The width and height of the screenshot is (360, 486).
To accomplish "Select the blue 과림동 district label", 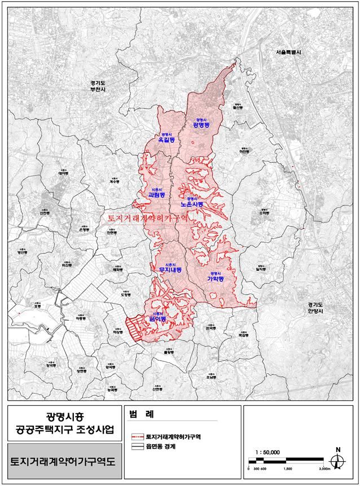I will click(x=155, y=195).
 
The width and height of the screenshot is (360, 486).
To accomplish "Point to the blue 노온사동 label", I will click(x=192, y=204).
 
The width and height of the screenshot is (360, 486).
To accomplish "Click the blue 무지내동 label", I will click(x=168, y=270).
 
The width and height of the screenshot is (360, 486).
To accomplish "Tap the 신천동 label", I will click(x=45, y=214).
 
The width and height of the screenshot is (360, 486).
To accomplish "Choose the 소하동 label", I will click(x=264, y=214).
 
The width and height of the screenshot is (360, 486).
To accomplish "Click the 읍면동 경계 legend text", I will click(x=160, y=446).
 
